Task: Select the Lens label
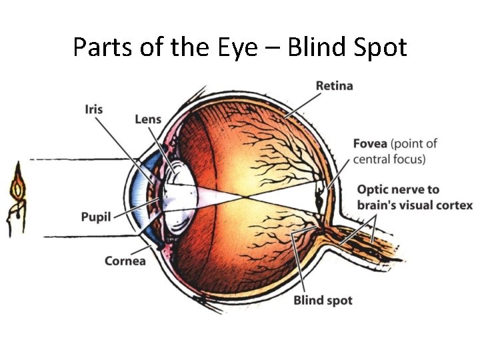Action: click(x=147, y=119)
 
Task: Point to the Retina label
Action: click(x=334, y=86)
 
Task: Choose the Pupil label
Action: click(x=95, y=217)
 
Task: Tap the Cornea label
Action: click(x=125, y=261)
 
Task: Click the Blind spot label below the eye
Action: click(x=323, y=300)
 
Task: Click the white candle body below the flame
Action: click(x=16, y=217)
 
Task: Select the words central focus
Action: click(x=389, y=159)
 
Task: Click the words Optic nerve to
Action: click(x=398, y=189)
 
